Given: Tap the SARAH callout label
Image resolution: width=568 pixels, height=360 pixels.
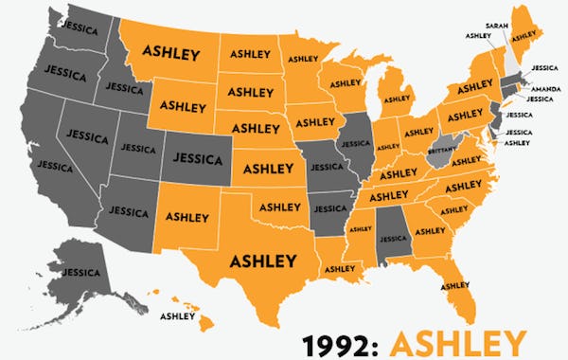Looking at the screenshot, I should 494,25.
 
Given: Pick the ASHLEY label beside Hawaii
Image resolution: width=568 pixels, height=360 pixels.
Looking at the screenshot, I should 179,315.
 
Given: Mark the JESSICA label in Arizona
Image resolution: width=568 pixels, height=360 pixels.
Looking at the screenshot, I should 128,209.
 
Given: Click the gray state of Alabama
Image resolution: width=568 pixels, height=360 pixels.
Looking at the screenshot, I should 391,229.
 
